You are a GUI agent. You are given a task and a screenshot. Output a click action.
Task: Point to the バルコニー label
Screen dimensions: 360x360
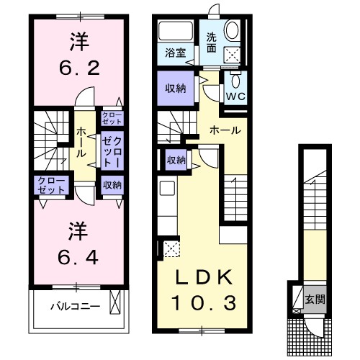70,305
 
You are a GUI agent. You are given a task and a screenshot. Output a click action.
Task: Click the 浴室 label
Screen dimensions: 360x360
174,53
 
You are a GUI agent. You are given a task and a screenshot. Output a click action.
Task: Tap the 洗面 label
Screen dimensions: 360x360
212,43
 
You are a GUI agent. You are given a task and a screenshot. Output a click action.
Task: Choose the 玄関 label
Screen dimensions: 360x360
312,298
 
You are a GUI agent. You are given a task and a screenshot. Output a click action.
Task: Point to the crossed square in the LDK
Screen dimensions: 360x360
171,249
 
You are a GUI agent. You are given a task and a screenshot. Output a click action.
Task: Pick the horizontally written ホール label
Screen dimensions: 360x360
225,130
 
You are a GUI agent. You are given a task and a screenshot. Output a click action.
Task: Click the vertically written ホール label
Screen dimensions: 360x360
83,142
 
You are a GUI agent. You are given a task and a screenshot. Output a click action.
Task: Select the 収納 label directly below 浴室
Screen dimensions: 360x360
173,89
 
